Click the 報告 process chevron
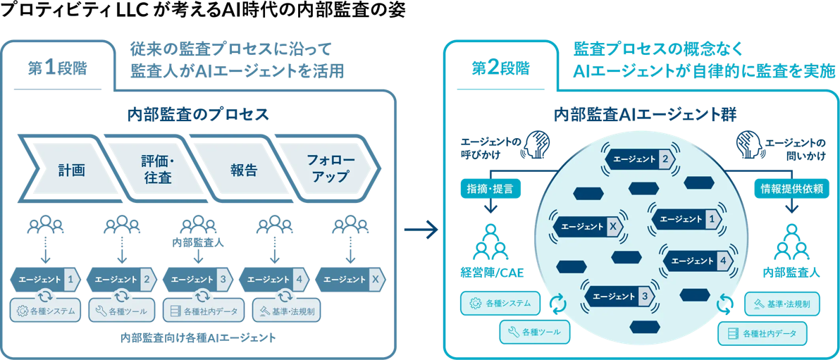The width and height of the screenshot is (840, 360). tap(243, 170)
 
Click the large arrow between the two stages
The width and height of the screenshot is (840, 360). tap(421, 230)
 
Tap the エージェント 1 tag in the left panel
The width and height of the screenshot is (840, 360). tap(46, 279)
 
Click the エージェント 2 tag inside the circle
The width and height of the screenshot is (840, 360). tap(640, 160)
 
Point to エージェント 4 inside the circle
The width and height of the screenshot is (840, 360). tap(698, 261)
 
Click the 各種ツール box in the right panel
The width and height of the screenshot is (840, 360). tap(534, 330)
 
